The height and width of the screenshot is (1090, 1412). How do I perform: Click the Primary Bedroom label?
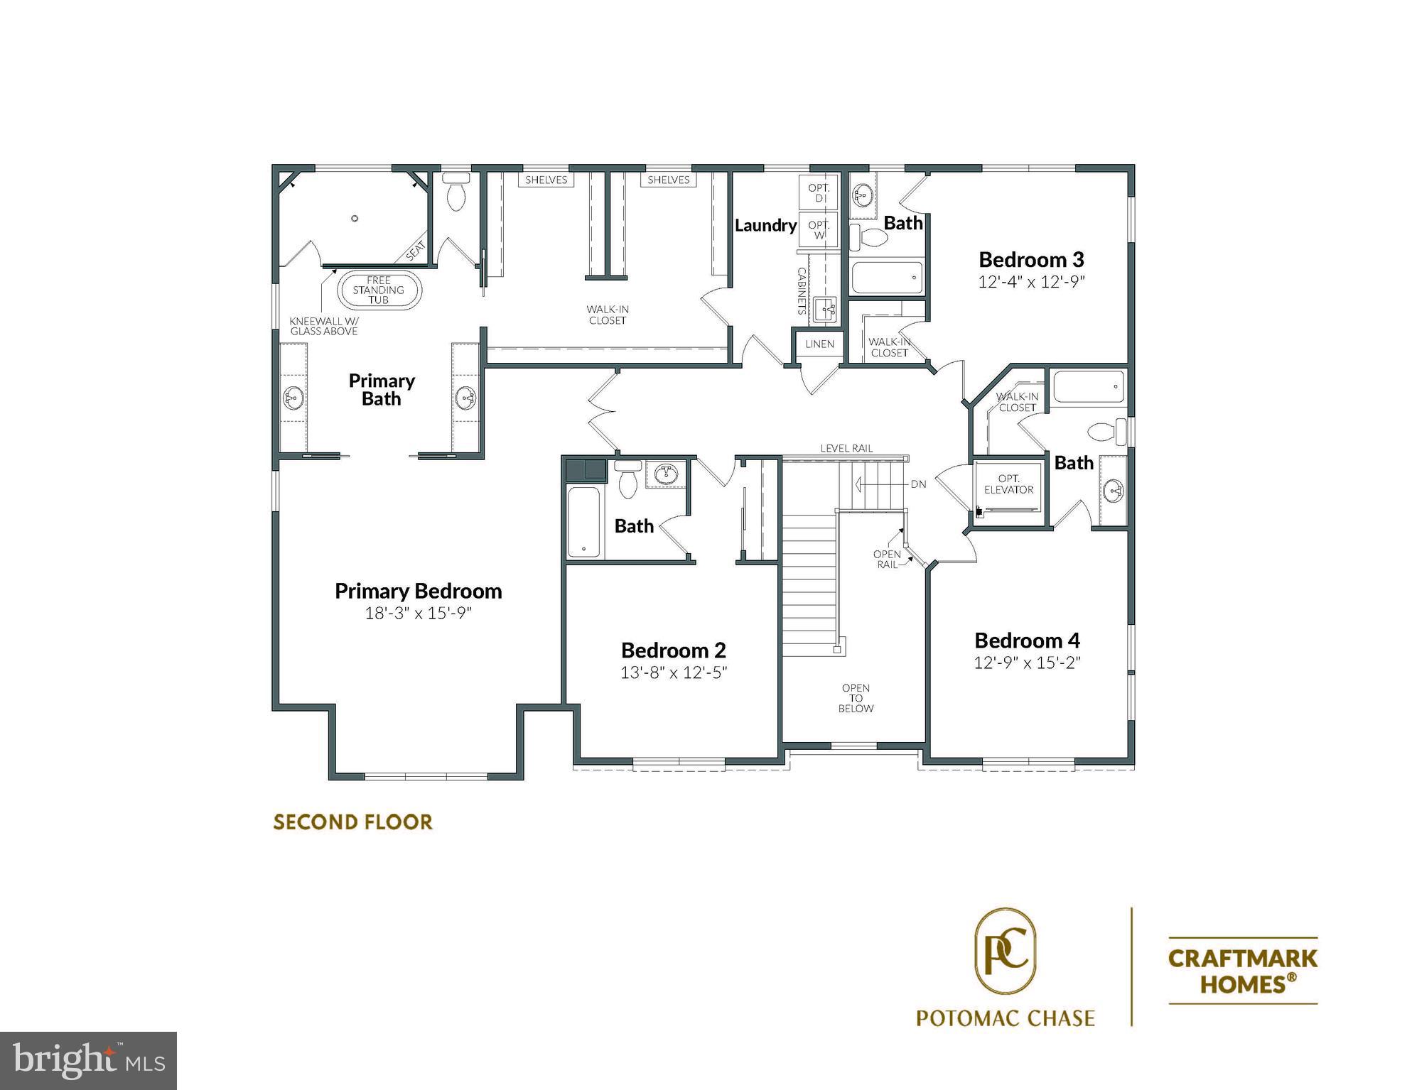pos(418,591)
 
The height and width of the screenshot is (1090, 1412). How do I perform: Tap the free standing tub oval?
pos(379,290)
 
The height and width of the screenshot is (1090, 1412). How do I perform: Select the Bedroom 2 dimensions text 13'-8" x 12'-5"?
pos(673,672)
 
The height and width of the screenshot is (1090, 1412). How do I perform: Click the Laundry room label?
pos(765,226)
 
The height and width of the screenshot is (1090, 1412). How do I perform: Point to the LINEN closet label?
pos(819,344)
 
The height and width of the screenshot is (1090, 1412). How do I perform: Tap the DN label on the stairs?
pos(918,484)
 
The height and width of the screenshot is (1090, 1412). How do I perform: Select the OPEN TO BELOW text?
pos(856,698)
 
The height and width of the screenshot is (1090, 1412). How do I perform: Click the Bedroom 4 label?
pos(1027,641)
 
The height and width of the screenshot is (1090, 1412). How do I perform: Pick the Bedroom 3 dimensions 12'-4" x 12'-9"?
pos(1031,282)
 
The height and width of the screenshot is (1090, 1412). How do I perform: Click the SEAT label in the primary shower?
pos(416,251)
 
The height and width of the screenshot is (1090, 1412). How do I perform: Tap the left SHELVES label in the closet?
pos(546,180)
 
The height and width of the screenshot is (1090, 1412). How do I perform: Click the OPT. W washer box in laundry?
pos(819,229)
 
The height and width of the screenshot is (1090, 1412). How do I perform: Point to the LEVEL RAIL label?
pos(846,448)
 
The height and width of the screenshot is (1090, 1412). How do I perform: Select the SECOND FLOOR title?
pos(352,822)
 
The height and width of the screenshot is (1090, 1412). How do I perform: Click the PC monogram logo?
pos(1005,952)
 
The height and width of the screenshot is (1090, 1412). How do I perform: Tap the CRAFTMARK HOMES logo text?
pos(1243,971)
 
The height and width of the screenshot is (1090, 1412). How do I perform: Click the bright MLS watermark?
pos(88,1061)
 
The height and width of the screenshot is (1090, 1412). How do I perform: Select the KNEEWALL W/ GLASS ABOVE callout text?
pos(324,326)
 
